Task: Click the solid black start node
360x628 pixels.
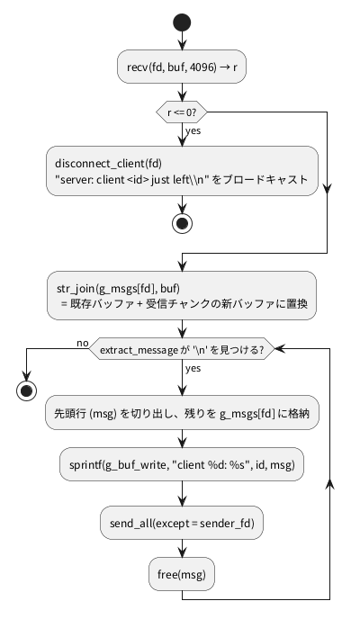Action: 182,22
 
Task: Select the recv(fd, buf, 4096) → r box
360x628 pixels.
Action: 182,67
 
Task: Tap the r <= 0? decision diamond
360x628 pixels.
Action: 182,112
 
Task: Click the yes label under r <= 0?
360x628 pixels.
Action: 193,131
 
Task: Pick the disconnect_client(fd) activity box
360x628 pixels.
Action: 182,171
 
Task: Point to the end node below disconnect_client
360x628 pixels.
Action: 182,223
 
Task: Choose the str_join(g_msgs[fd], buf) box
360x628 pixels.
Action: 182,296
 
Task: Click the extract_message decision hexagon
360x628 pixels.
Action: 182,349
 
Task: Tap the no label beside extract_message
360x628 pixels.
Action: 83,343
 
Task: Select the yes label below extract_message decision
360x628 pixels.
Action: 193,369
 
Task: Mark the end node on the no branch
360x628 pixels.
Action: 26,390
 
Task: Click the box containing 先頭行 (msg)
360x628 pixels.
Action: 182,413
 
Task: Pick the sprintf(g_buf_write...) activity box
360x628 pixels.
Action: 182,464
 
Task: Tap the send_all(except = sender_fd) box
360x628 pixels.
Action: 182,523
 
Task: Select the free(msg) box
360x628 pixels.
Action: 182,574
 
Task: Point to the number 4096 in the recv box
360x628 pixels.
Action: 201,67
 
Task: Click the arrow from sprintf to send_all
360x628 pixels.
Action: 182,493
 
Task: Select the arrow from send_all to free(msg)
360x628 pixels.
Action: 182,548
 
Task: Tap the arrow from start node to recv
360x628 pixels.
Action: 182,40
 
